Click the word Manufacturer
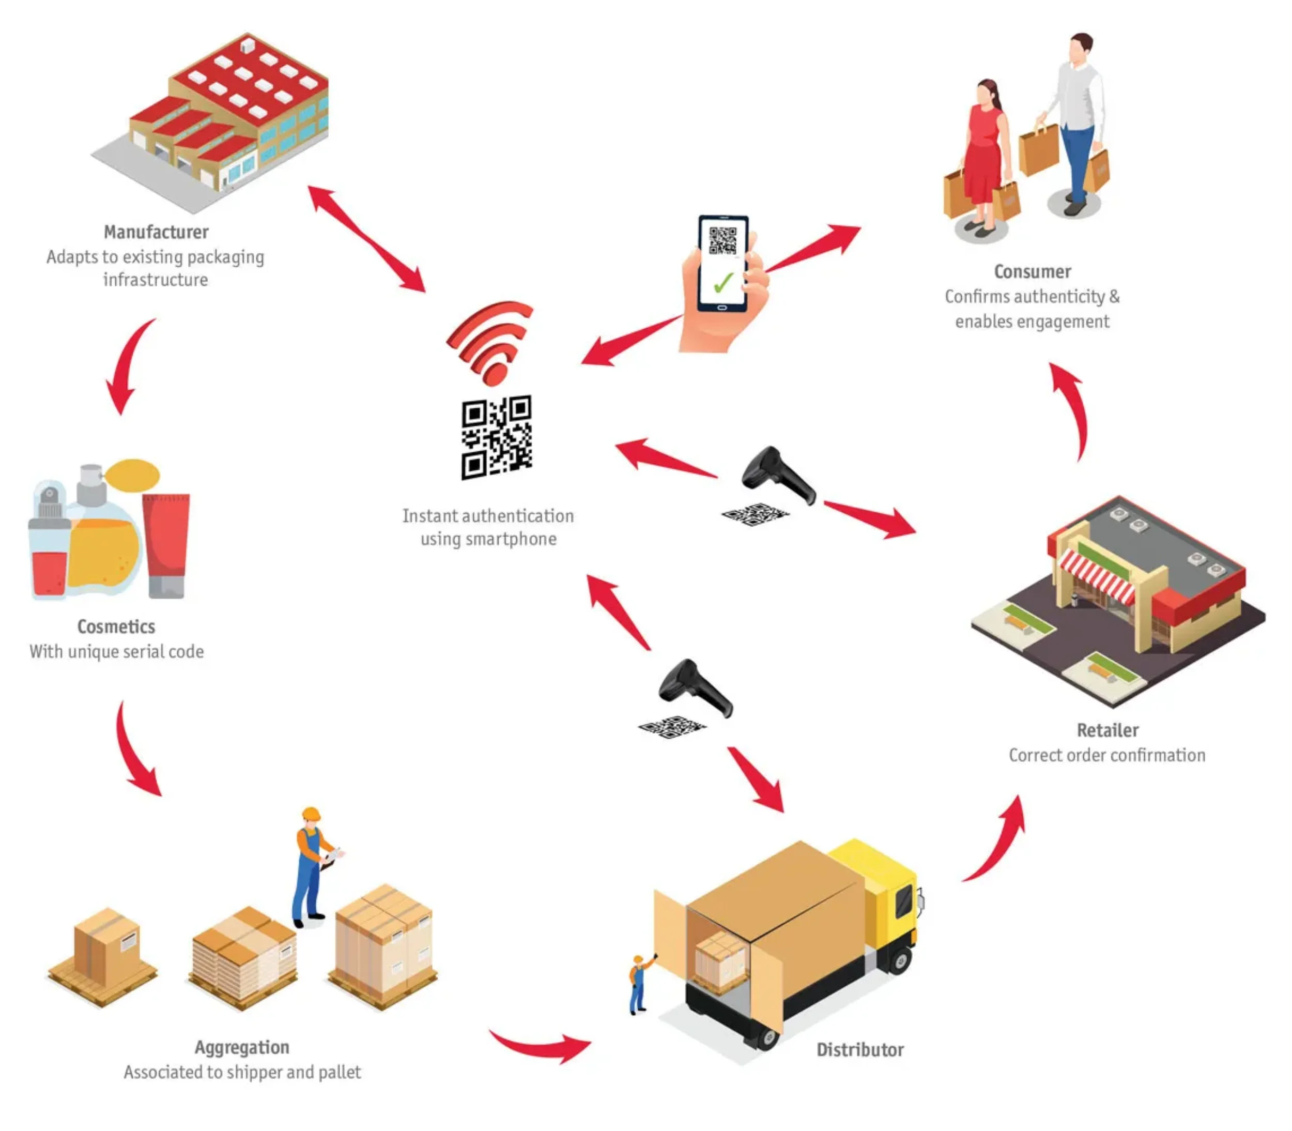tap(156, 232)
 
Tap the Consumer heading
tap(1032, 271)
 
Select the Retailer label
tap(1107, 730)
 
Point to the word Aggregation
tap(242, 1047)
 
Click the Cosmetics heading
tap(116, 626)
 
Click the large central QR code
tap(497, 437)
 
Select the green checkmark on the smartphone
tap(723, 282)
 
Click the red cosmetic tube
tap(166, 543)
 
